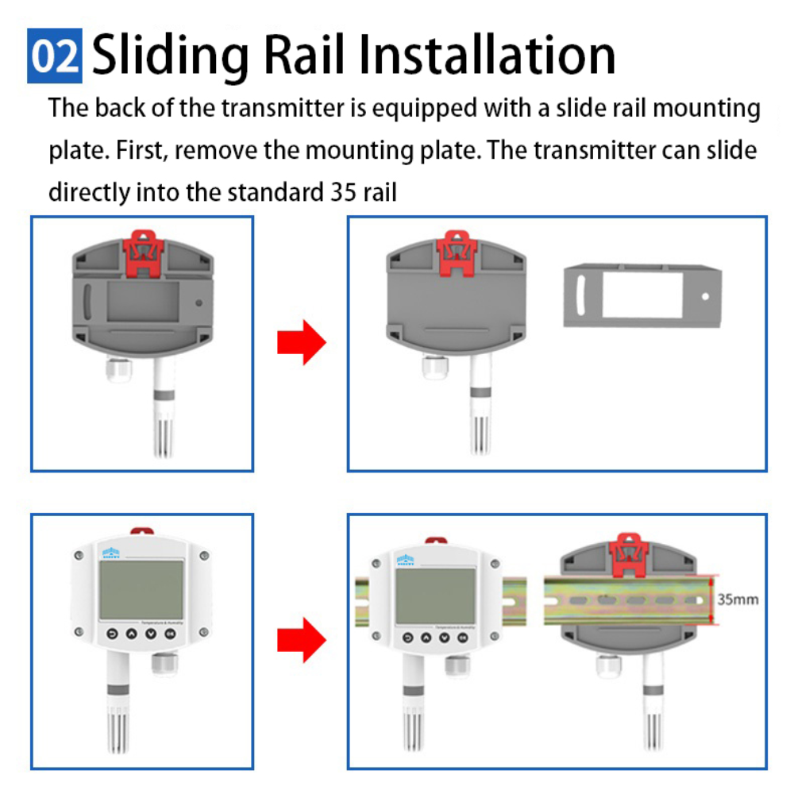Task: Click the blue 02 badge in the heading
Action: pyautogui.click(x=55, y=56)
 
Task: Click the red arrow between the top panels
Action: pyautogui.click(x=301, y=343)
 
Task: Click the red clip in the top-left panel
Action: pyautogui.click(x=144, y=252)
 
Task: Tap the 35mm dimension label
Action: pyautogui.click(x=738, y=599)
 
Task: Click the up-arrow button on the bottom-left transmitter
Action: pyautogui.click(x=130, y=634)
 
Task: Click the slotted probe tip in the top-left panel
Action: pyautogui.click(x=164, y=433)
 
